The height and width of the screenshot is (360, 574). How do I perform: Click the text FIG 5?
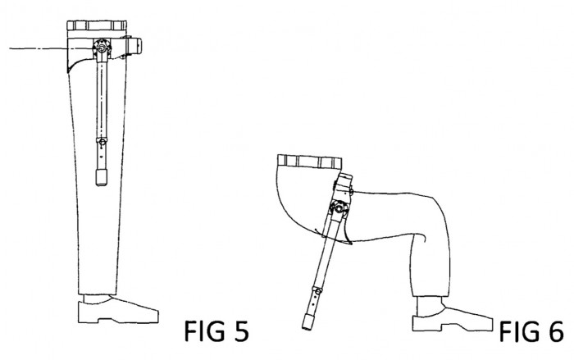[216, 331]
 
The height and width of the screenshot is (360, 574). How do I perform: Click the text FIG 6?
[531, 331]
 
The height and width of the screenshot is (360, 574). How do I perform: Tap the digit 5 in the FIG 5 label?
[240, 331]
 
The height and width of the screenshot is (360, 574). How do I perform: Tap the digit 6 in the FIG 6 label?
[555, 331]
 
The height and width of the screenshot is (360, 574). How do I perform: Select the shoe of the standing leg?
[118, 310]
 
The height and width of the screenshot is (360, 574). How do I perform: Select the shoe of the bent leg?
[453, 315]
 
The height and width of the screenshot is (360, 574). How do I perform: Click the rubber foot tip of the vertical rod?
[102, 177]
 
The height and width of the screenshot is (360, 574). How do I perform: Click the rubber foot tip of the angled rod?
[307, 322]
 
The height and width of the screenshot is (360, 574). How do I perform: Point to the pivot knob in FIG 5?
[102, 47]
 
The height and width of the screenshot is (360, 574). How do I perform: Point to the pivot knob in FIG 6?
[339, 208]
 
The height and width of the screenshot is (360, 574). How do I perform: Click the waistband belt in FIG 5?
[97, 25]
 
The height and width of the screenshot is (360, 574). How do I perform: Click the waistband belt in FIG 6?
[310, 162]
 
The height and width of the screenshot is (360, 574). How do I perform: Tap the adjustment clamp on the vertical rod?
[102, 141]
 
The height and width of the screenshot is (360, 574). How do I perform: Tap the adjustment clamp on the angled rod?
[317, 291]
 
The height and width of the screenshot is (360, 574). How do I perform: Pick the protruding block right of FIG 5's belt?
[134, 46]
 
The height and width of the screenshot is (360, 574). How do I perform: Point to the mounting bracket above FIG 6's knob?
[344, 188]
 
